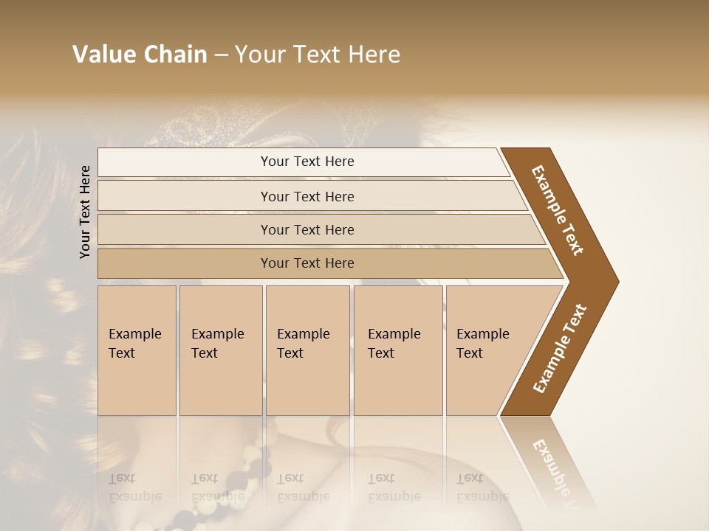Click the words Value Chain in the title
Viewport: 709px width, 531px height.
click(140, 55)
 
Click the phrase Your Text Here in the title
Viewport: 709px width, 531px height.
click(318, 55)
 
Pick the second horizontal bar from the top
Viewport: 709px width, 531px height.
click(307, 196)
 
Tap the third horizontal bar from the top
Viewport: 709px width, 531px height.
click(307, 229)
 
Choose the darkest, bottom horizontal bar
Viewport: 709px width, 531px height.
click(307, 263)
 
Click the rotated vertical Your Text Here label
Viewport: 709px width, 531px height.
click(85, 212)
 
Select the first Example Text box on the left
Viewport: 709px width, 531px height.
click(137, 350)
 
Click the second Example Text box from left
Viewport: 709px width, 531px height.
click(220, 350)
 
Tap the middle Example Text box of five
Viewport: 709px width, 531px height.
click(307, 350)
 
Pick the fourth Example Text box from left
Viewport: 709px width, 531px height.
click(397, 350)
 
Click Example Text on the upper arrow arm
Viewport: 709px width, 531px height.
click(558, 210)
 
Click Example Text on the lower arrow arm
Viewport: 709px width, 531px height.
click(560, 348)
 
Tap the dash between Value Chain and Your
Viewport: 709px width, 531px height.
click(220, 55)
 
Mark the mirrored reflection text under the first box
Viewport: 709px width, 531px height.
click(135, 487)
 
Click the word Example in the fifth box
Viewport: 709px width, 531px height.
click(482, 334)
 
